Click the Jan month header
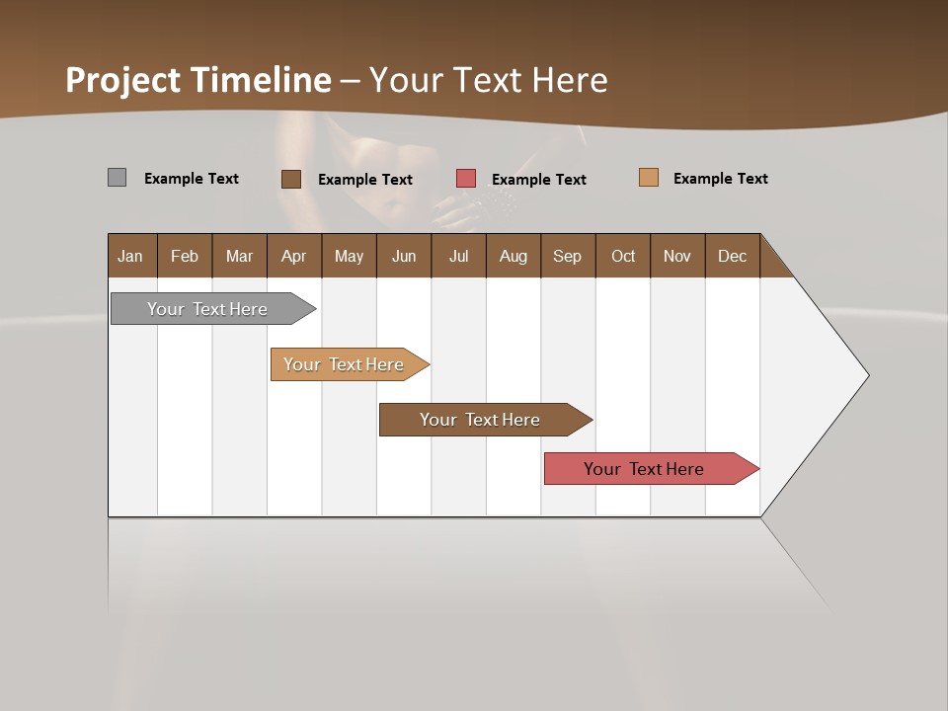pyautogui.click(x=130, y=256)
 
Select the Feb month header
pyautogui.click(x=185, y=256)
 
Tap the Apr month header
pyautogui.click(x=293, y=256)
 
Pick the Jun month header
pyautogui.click(x=404, y=256)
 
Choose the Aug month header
pyautogui.click(x=513, y=256)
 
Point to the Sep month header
pyautogui.click(x=567, y=256)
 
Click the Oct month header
pyautogui.click(x=623, y=256)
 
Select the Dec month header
pyautogui.click(x=732, y=256)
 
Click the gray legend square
pyautogui.click(x=117, y=178)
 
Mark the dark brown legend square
pyautogui.click(x=291, y=179)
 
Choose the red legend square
pyautogui.click(x=466, y=178)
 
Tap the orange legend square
pyautogui.click(x=648, y=178)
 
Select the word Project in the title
pyautogui.click(x=123, y=80)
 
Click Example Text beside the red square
pyautogui.click(x=539, y=180)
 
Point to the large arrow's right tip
pyautogui.click(x=867, y=375)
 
